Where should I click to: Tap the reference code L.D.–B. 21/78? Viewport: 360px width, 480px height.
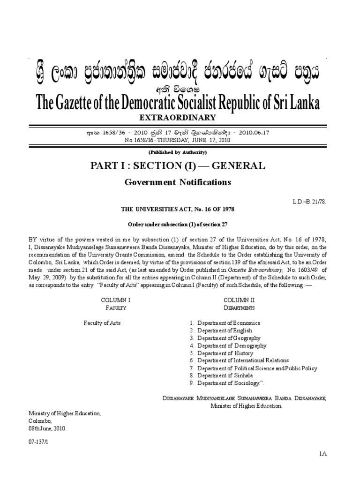pos(308,201)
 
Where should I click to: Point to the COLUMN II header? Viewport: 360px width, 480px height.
pos(239,300)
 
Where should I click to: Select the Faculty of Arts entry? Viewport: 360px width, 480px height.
pos(102,322)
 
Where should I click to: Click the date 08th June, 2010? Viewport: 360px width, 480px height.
pos(48,428)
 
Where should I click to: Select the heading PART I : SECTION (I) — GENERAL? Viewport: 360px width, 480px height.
pos(180,165)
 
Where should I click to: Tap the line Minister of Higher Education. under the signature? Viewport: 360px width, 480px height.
pos(246,406)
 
